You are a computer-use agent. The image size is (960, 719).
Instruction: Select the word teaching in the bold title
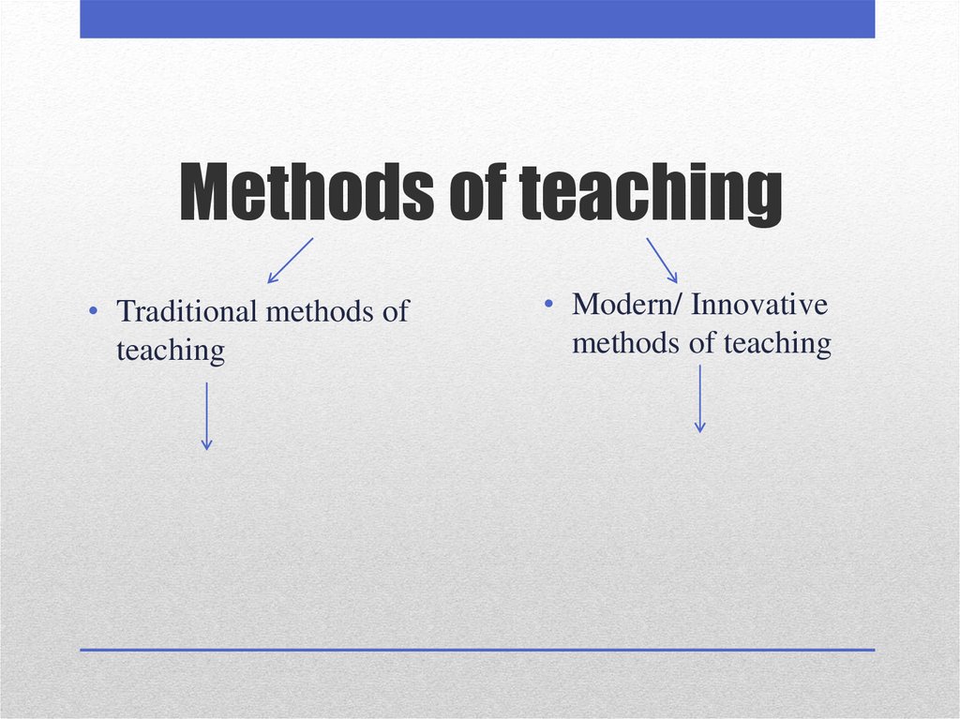click(x=650, y=196)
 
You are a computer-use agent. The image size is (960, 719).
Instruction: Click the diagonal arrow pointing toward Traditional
click(x=290, y=260)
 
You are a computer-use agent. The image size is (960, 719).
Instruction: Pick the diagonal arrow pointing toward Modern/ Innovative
click(x=662, y=260)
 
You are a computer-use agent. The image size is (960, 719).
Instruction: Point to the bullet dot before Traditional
click(x=94, y=312)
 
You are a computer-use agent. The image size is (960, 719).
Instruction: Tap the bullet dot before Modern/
click(x=550, y=306)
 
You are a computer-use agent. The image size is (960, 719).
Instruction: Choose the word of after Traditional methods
click(x=396, y=311)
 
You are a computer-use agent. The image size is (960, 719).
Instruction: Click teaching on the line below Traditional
click(x=171, y=351)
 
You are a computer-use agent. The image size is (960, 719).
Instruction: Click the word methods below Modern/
click(x=626, y=343)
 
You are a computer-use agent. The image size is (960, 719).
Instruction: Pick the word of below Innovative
click(x=702, y=343)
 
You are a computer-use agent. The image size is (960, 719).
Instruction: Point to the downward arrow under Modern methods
click(x=699, y=398)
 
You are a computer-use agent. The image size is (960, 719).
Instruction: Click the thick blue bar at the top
click(x=477, y=19)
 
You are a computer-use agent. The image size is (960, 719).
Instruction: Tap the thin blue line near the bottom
click(x=477, y=649)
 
